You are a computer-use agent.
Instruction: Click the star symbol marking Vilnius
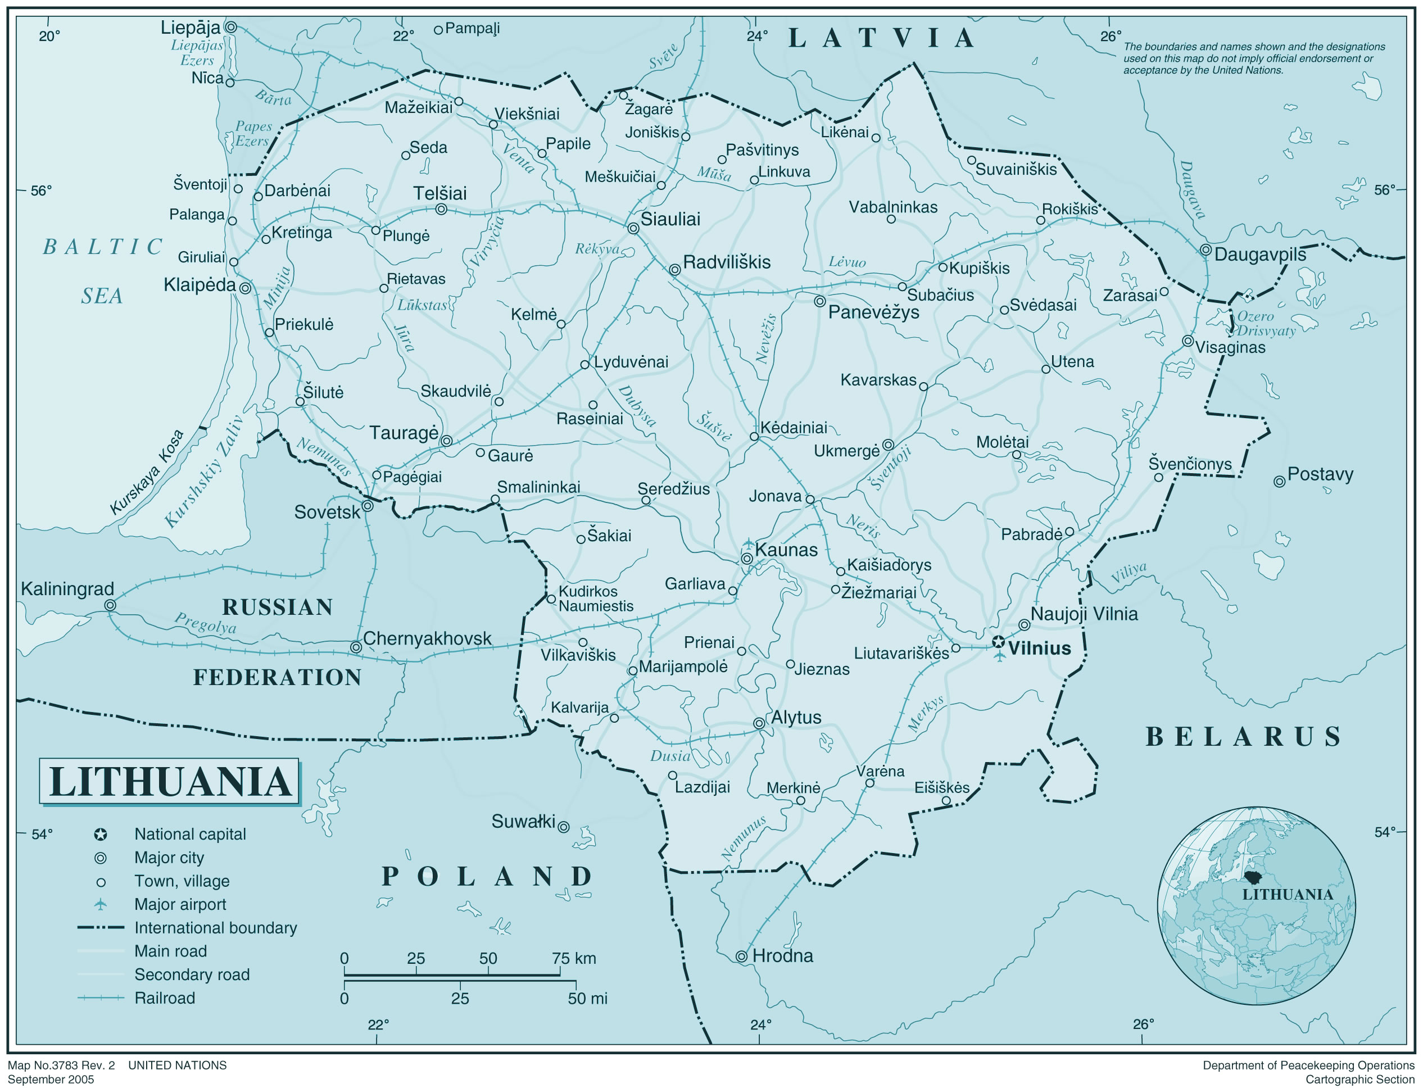[x=998, y=642]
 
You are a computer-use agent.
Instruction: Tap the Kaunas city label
[x=786, y=550]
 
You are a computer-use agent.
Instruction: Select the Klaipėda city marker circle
[x=245, y=288]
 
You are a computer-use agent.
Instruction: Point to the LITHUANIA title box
[x=169, y=781]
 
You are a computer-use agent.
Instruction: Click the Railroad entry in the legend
[x=164, y=998]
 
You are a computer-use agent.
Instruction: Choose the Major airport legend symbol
[x=101, y=904]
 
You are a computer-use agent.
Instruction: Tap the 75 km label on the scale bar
[x=574, y=958]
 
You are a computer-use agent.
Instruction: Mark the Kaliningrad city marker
[x=110, y=605]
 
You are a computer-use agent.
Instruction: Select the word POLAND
[x=487, y=876]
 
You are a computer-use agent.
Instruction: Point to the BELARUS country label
[x=1243, y=736]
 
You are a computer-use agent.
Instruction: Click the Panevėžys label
[x=873, y=312]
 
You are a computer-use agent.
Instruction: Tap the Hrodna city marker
[x=742, y=956]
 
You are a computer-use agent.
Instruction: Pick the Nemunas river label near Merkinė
[x=744, y=838]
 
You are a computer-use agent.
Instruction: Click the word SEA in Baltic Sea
[x=102, y=296]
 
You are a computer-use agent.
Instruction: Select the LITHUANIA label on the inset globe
[x=1287, y=894]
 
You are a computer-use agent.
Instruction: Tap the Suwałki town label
[x=523, y=822]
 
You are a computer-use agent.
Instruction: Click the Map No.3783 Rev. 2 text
[x=61, y=1066]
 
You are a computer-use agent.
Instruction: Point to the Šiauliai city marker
[x=633, y=228]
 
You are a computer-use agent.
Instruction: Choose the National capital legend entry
[x=190, y=834]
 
